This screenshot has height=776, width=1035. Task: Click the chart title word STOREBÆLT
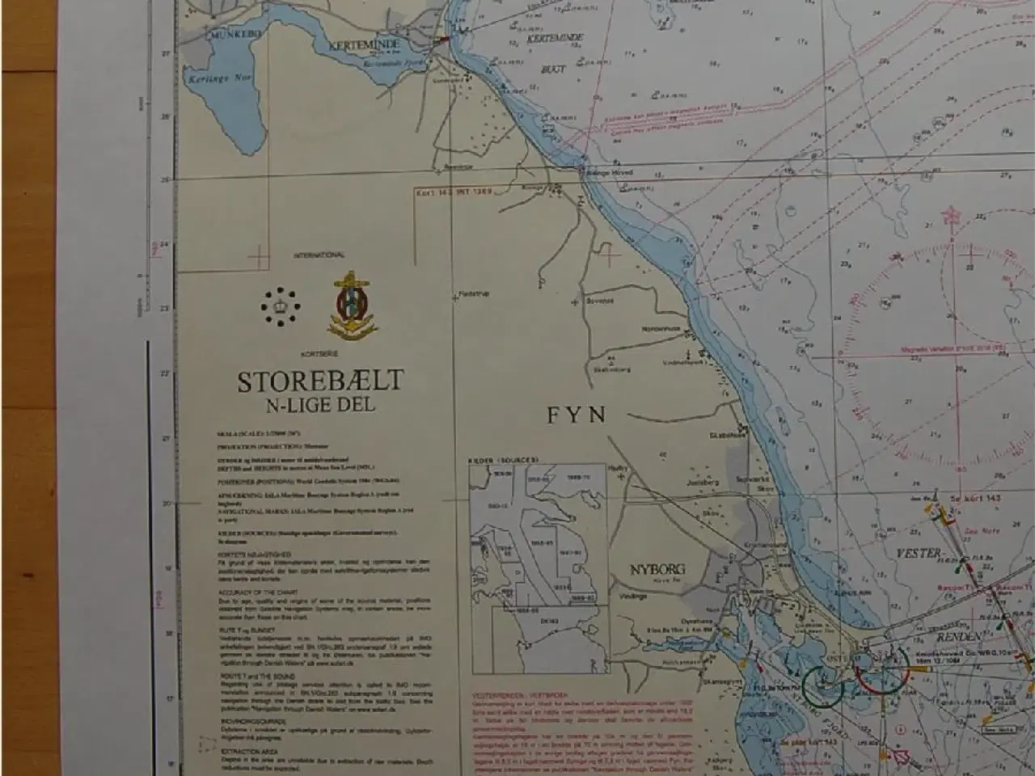319,381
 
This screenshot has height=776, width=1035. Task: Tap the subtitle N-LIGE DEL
321,405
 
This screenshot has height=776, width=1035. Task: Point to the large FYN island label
577,415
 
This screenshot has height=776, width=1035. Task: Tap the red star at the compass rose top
949,217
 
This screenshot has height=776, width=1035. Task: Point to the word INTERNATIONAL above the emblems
319,255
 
